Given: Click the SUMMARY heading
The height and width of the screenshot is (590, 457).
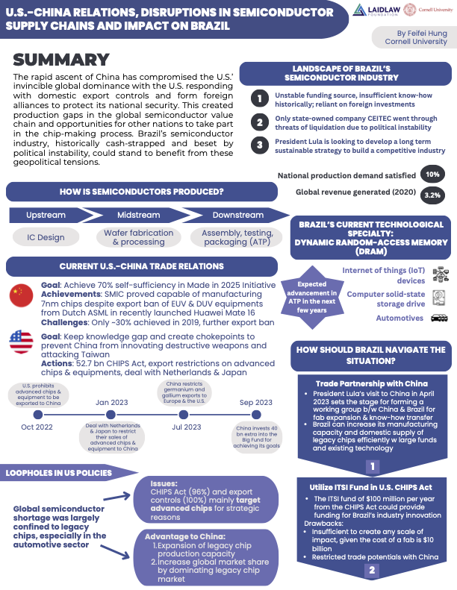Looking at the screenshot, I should click(62, 60).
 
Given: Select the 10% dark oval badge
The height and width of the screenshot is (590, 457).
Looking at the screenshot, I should click(432, 175).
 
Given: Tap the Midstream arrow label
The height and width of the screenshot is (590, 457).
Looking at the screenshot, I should click(137, 215).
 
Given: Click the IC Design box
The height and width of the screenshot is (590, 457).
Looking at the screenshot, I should click(47, 237).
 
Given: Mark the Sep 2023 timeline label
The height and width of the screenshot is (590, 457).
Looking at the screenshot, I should click(257, 402).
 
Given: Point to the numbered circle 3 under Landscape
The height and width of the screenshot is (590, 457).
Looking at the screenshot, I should click(258, 145).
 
